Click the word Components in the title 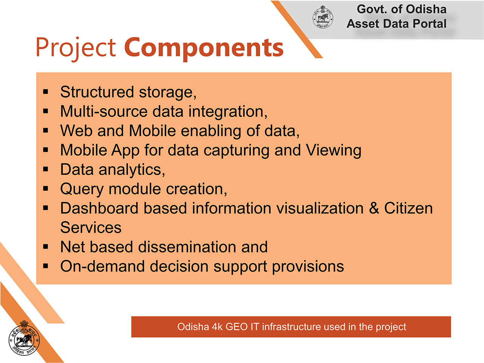tap(204, 49)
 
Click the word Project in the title tap(76, 49)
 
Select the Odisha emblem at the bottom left tap(24, 338)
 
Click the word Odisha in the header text tap(426, 9)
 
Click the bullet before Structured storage tap(45, 92)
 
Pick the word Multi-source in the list tap(104, 111)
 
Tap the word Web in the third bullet tap(76, 131)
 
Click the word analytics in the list tap(132, 170)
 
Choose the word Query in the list tap(82, 189)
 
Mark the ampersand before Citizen tap(374, 208)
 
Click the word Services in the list tap(91, 228)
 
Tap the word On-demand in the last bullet tap(102, 266)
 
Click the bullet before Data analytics tap(45, 169)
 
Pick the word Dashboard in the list tap(99, 208)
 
